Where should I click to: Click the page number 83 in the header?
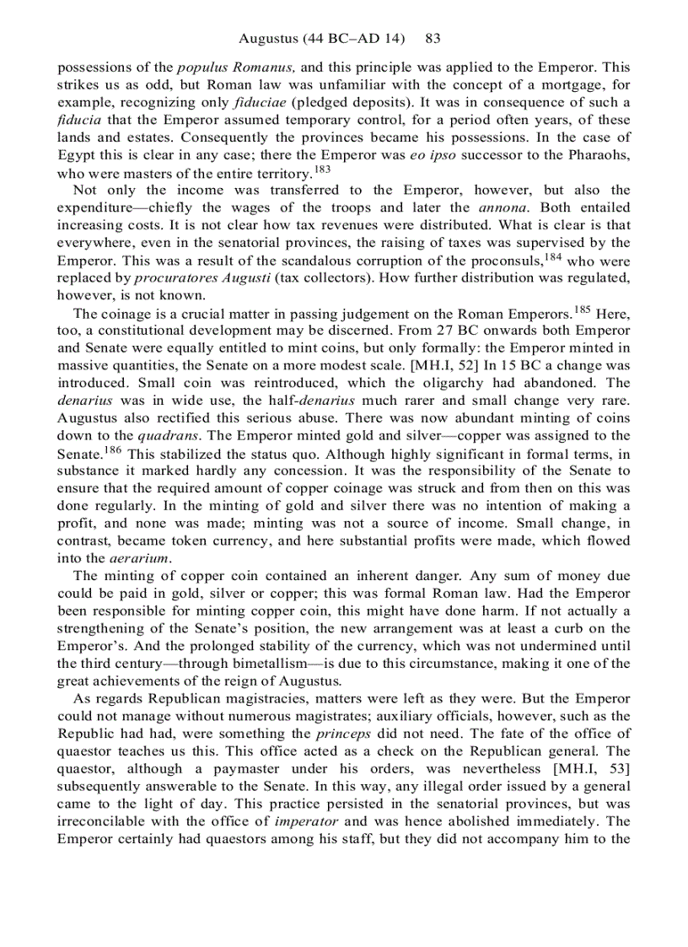(x=433, y=39)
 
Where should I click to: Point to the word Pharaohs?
(x=596, y=157)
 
